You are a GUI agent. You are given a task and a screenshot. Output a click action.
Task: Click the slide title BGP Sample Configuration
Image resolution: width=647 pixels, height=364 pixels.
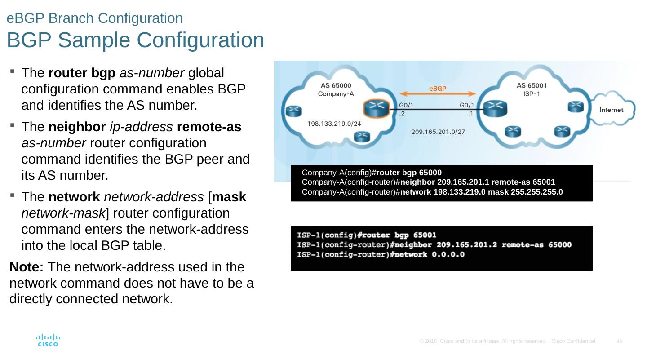point(135,40)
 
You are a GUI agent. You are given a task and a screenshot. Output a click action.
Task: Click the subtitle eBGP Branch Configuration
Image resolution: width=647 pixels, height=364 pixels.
point(95,18)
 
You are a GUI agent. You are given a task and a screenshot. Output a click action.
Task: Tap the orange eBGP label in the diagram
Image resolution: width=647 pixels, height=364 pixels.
point(437,89)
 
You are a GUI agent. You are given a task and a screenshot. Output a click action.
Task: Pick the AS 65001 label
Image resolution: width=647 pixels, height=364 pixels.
point(526,86)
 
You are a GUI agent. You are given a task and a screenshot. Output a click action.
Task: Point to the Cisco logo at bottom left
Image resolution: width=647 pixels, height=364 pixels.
point(48,340)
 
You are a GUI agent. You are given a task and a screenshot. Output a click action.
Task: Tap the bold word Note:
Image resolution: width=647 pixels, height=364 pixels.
point(27,267)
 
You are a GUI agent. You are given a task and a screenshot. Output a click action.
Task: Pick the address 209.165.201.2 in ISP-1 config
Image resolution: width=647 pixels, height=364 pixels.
point(465,245)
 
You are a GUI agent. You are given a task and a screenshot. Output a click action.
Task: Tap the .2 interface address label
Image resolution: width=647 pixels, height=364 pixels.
point(403,114)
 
